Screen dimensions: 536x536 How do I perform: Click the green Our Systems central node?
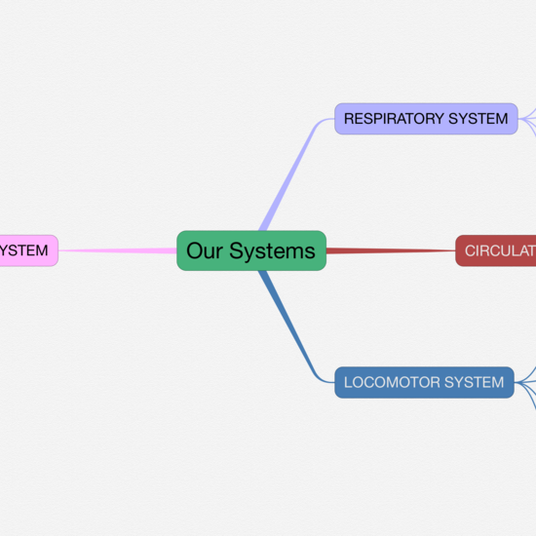coord(250,250)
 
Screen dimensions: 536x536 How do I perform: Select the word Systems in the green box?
coord(272,251)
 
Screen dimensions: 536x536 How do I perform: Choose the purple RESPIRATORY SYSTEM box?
coord(426,119)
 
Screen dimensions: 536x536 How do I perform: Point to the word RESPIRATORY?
coord(393,119)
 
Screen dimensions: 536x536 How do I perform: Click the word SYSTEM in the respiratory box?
coord(478,119)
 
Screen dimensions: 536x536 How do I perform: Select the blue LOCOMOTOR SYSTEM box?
coord(424,382)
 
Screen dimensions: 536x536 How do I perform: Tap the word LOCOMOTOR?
coord(392,382)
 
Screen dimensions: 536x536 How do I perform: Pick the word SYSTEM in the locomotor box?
coord(474,382)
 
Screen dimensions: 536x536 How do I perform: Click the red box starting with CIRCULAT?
coord(496,250)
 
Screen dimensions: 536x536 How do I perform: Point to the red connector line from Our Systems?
coord(390,250)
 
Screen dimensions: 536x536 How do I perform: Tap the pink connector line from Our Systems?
coord(117,250)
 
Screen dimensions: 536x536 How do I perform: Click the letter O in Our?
coord(194,251)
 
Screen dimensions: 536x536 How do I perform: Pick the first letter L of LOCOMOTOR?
coord(348,382)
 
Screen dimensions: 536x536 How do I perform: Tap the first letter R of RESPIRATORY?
coord(349,119)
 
